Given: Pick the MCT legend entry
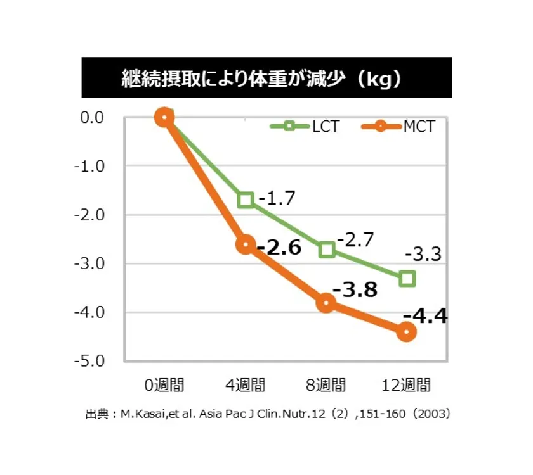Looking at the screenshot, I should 400,125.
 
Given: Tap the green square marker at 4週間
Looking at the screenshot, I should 246,200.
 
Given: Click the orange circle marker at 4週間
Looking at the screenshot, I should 246,244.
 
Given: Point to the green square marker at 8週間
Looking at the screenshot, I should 327,249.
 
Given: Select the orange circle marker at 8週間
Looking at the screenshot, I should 326,303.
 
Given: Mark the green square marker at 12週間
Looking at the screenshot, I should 407,278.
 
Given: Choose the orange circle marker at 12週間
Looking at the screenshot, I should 407,332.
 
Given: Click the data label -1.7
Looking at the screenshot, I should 277,198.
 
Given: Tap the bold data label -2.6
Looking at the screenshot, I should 279,247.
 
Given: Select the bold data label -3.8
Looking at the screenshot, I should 355,290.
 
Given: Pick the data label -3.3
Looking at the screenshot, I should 423,255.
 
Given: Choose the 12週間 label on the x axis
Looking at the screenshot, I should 407,385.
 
